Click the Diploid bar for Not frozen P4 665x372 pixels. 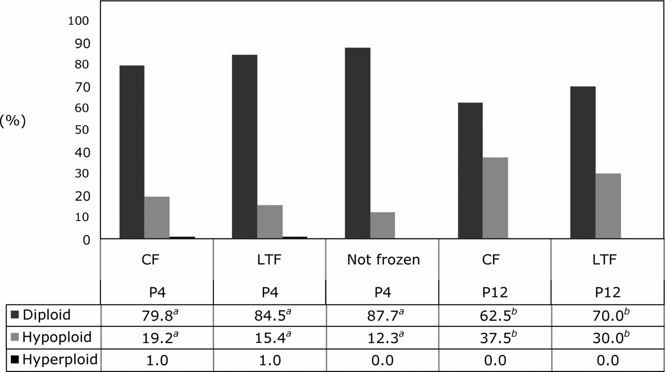pos(357,143)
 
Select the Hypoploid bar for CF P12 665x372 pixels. pos(495,198)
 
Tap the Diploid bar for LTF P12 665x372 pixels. pos(583,162)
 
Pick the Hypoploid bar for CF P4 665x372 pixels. pos(157,217)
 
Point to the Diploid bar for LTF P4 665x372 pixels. pos(244,147)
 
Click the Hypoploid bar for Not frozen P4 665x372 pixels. pos(382,225)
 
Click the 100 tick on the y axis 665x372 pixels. pos(79,21)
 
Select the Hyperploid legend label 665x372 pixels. pos(60,360)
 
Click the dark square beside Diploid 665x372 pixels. pos(15,315)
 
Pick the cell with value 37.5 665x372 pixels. pos(495,337)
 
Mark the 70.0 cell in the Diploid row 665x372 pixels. pos(607,315)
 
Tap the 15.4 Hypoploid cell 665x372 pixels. pos(269,337)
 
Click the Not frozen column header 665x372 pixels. pos(383,260)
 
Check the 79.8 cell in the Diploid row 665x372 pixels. pos(157,315)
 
